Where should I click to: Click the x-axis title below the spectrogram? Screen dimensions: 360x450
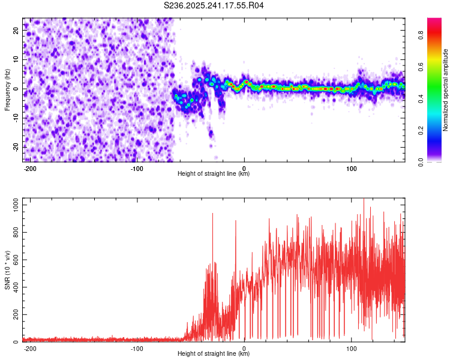[x=214, y=174]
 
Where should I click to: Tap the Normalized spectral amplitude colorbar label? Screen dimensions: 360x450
[x=446, y=90]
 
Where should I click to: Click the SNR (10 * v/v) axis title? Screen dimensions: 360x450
[x=7, y=269]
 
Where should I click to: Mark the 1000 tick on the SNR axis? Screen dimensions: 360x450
[x=13, y=205]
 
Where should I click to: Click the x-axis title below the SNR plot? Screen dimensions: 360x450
[x=214, y=354]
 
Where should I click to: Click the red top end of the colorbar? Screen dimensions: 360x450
[x=434, y=21]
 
